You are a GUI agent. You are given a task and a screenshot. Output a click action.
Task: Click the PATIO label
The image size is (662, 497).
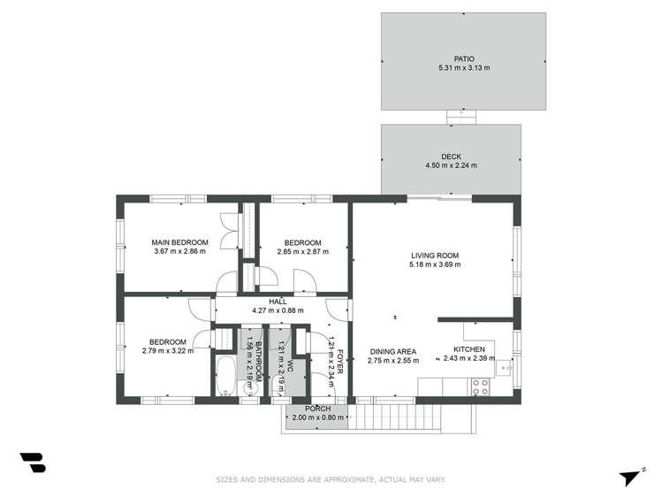point(451,58)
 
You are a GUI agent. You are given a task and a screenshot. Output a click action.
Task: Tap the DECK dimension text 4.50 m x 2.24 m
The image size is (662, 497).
point(451,165)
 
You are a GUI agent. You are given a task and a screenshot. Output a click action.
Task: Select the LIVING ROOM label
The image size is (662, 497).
point(434,255)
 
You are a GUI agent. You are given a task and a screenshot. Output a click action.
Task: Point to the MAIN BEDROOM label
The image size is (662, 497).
point(179,242)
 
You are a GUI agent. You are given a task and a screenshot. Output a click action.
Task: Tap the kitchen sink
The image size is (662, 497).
point(505,364)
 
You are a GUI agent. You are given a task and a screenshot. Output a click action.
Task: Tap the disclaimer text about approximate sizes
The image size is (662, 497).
point(331,480)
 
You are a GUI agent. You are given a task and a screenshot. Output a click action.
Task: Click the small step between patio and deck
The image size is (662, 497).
point(460,116)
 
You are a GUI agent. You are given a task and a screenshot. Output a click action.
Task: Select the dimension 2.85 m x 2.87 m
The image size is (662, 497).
point(302,251)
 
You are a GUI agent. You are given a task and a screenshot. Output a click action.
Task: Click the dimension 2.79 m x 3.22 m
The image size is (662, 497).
point(167,351)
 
